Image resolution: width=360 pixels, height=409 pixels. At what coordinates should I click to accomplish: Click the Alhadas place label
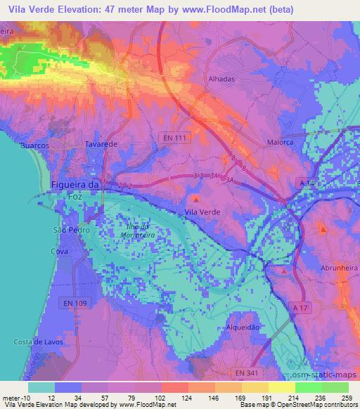click(x=221, y=79)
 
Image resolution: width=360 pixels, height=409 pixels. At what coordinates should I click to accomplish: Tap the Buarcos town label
click(x=34, y=145)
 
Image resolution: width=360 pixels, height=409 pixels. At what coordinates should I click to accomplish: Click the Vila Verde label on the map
click(x=201, y=212)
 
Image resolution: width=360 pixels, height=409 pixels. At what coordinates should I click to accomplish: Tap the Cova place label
click(x=59, y=251)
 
